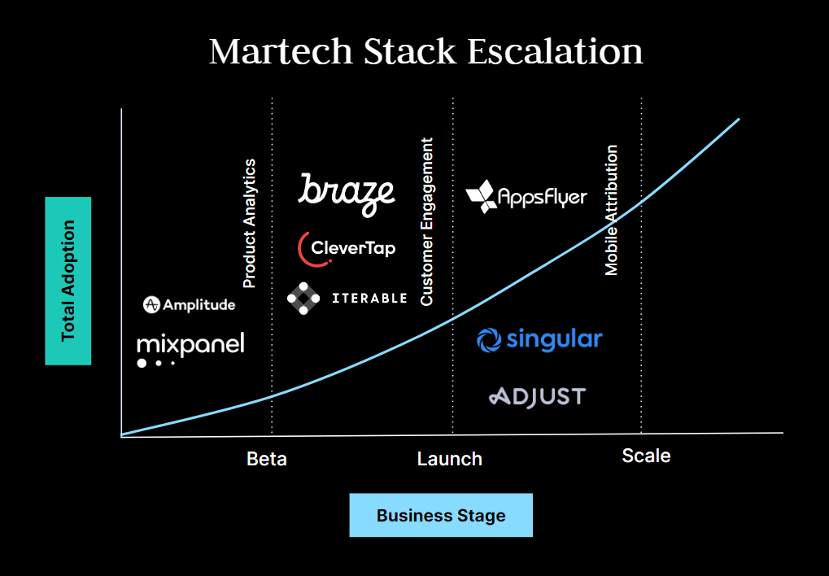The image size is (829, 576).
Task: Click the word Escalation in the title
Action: point(555,51)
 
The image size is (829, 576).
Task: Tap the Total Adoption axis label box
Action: point(68,281)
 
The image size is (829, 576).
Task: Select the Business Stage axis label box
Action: point(441,515)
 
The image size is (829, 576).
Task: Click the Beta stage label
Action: point(267,459)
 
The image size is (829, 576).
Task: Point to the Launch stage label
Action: point(449,459)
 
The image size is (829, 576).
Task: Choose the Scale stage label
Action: point(646,456)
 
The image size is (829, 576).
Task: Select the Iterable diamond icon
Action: point(303,299)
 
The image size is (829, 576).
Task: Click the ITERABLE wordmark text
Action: point(369,299)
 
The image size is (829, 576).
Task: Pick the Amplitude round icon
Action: point(151,305)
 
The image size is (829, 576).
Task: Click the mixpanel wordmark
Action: point(190,344)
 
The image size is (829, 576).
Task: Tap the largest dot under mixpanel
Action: point(142,363)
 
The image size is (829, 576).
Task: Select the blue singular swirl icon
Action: point(489,339)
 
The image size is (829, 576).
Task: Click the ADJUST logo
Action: point(537,397)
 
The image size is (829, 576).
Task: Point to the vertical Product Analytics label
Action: point(250,224)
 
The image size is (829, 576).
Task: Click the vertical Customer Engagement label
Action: point(427,221)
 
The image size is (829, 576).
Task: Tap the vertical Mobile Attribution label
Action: point(612,210)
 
